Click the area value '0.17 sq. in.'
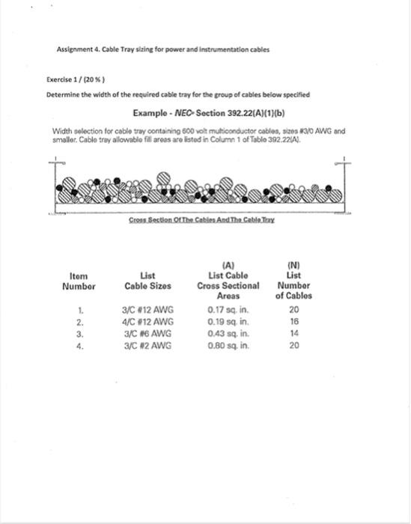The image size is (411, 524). click(x=228, y=310)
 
